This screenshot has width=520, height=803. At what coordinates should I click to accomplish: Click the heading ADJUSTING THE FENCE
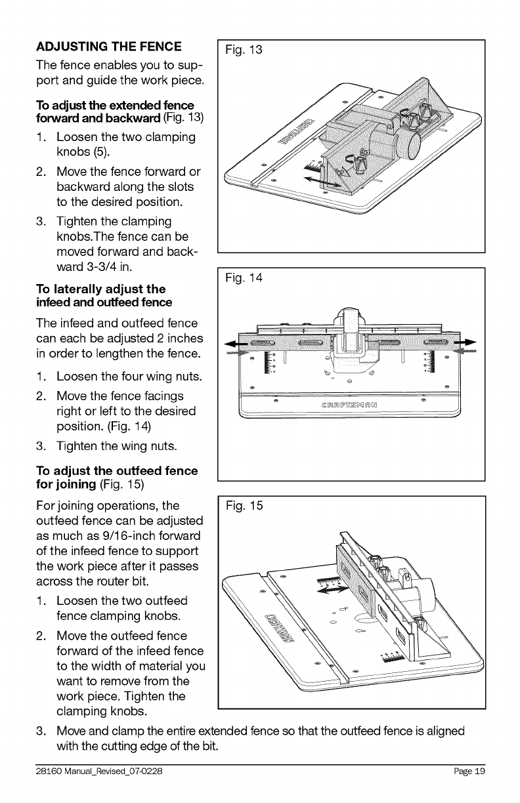pos(108,47)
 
